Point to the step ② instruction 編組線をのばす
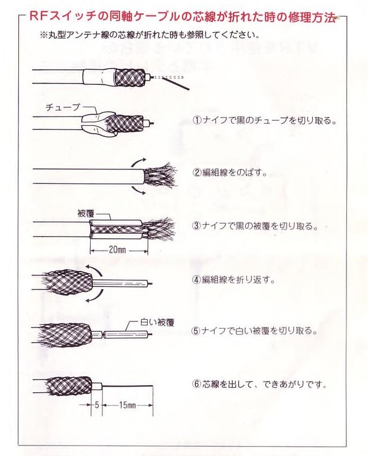(229, 172)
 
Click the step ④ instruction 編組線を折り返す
(233, 279)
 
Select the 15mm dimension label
(127, 405)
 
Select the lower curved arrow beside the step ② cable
(137, 189)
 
